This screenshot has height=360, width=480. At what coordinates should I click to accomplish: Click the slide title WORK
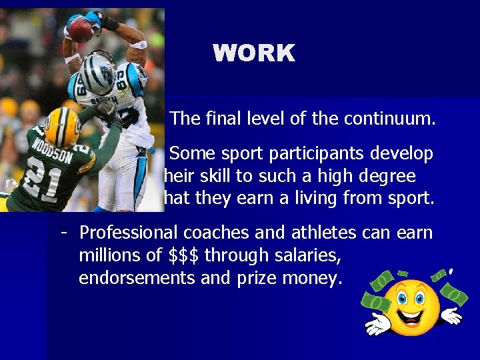coord(254,53)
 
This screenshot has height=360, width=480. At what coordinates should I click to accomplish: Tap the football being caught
coord(81,29)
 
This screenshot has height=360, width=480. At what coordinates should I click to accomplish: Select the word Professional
coord(129,233)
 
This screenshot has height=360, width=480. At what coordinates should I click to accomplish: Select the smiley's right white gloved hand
coord(451,314)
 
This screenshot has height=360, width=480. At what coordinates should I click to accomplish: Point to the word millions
coord(106,255)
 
